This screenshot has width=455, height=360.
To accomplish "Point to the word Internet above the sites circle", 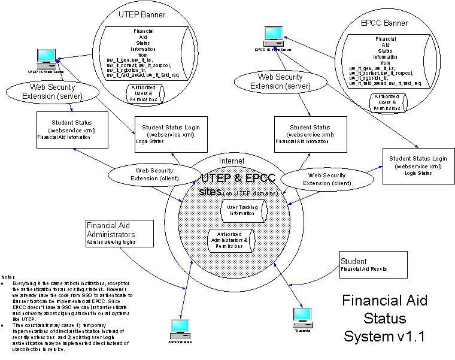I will click(232, 161).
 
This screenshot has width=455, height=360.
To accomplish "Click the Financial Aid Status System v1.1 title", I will click(383, 317).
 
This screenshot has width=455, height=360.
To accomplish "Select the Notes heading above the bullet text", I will click(8, 277).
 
